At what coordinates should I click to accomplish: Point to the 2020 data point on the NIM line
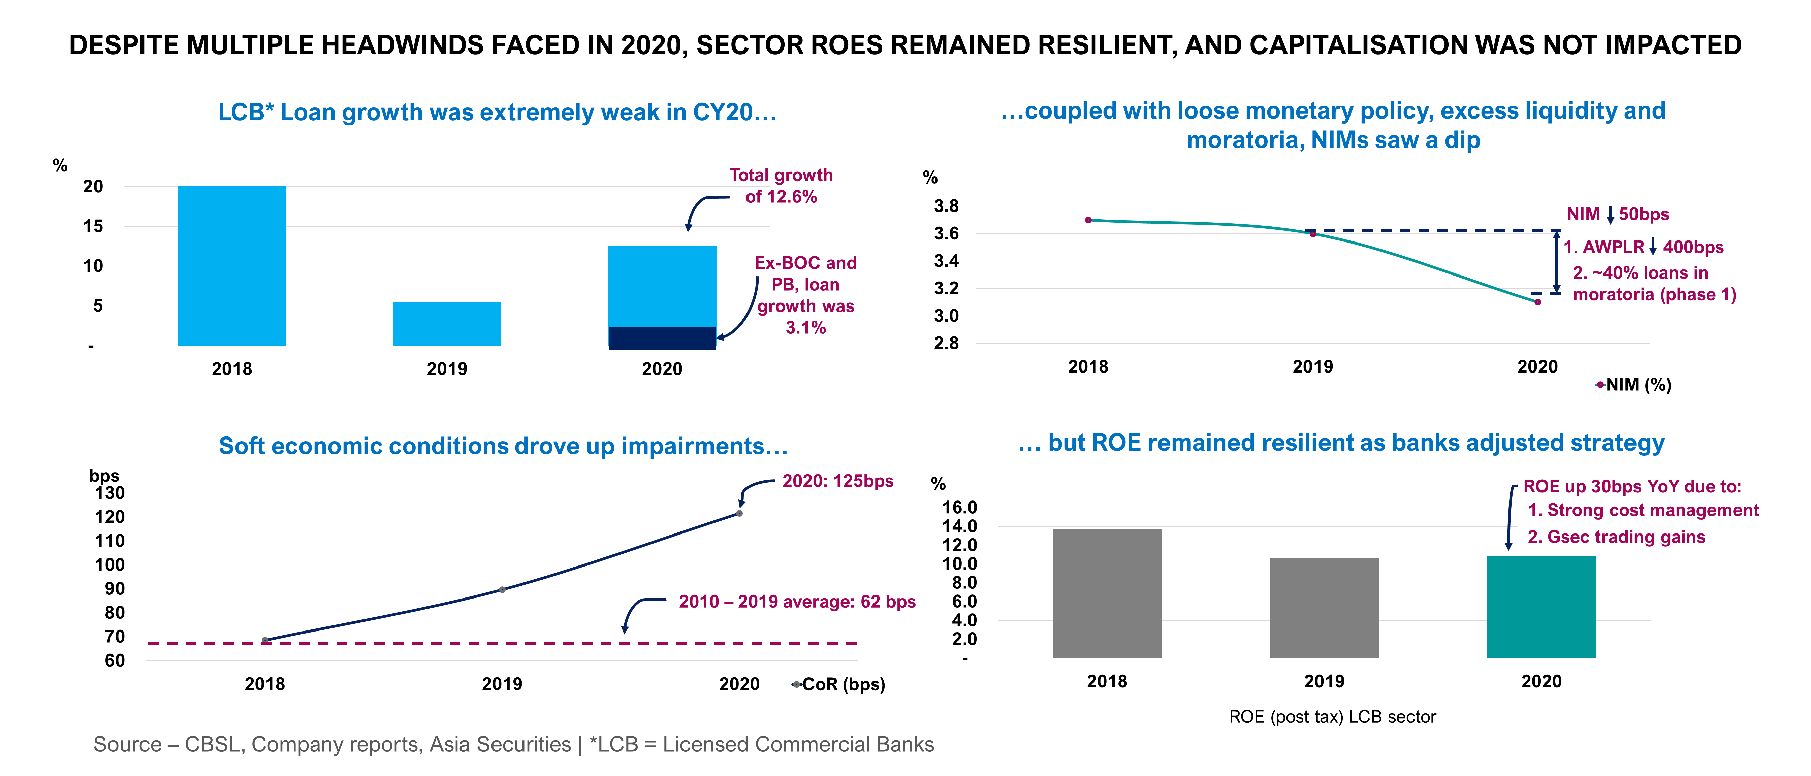(x=1537, y=302)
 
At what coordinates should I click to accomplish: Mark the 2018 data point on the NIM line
(x=1088, y=220)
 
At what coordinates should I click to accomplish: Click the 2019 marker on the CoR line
(x=502, y=590)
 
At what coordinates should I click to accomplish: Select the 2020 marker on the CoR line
(x=739, y=513)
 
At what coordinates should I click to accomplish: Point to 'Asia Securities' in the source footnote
(x=500, y=744)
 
